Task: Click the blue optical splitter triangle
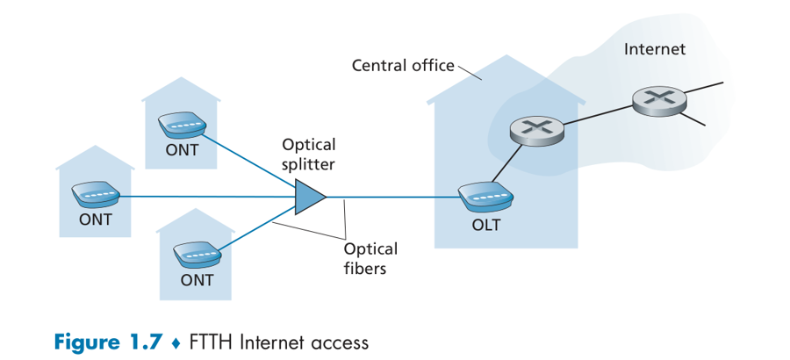pos(309,198)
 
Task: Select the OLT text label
pos(485,225)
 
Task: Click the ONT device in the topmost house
pos(182,126)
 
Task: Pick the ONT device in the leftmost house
pos(96,195)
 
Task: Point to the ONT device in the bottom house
pos(197,256)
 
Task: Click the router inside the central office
pos(536,130)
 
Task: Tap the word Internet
pos(654,49)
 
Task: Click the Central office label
pos(403,65)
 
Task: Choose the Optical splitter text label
pos(308,154)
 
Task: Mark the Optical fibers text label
pos(370,258)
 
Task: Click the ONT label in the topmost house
pos(182,150)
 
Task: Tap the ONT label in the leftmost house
pos(96,220)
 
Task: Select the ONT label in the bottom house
pos(197,281)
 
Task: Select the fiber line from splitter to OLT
pos(395,198)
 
